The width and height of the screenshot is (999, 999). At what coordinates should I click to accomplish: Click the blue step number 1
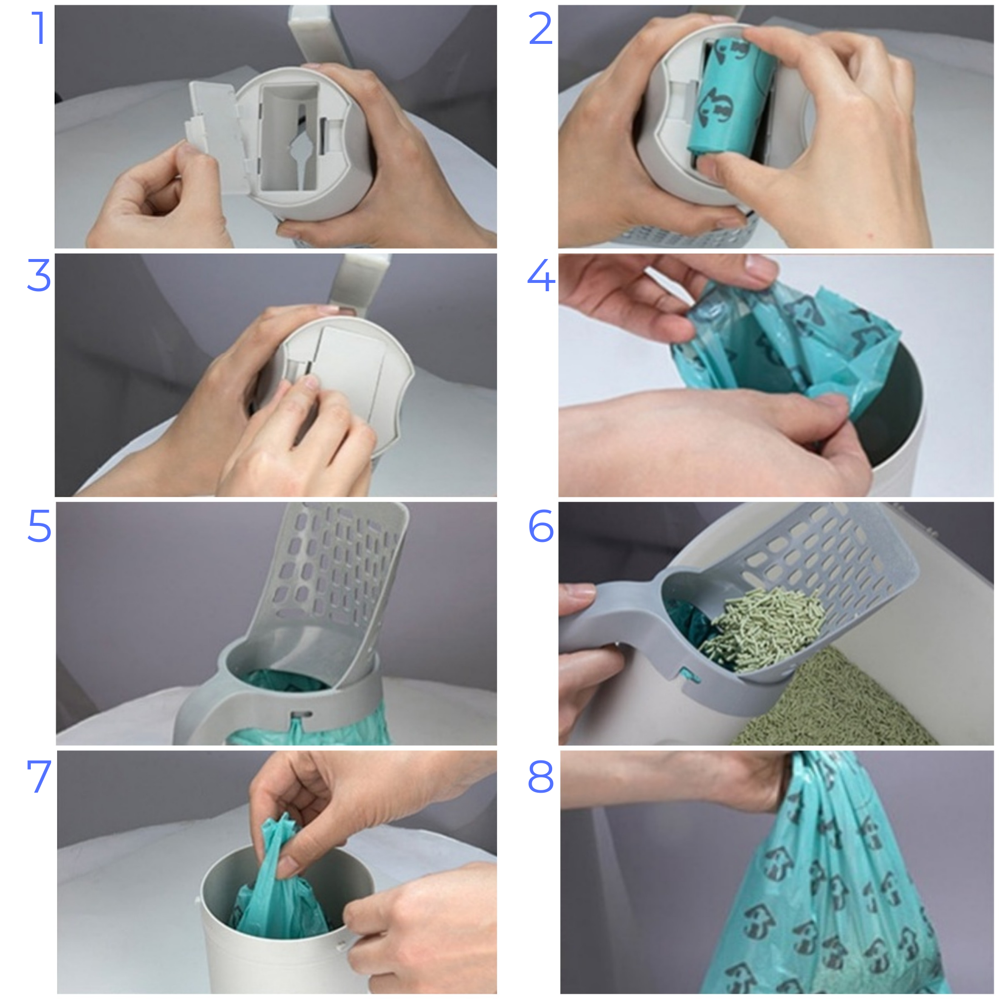tap(40, 28)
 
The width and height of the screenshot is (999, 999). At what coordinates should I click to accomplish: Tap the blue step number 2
tap(541, 28)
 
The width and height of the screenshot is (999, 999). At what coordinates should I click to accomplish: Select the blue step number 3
tap(39, 275)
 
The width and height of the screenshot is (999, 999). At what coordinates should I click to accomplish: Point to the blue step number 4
tap(541, 275)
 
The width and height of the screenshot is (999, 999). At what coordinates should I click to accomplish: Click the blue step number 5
tap(40, 525)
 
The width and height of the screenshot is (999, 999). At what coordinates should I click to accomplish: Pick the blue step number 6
tap(541, 525)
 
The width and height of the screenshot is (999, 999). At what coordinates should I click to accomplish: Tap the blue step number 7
tap(40, 776)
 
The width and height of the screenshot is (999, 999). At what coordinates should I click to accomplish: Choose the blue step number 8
tap(541, 776)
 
